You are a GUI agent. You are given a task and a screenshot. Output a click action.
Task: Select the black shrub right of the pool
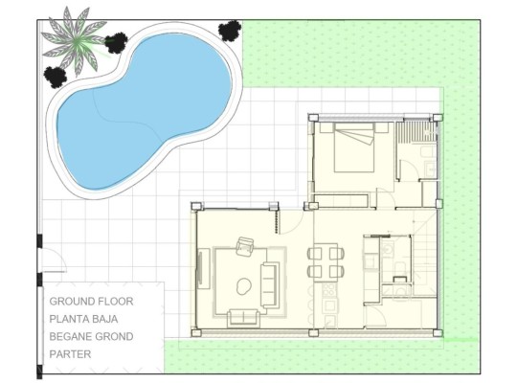click(x=229, y=31)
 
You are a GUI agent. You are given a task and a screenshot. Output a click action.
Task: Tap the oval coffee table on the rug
click(x=241, y=284)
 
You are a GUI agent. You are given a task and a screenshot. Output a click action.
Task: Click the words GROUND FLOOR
click(x=91, y=301)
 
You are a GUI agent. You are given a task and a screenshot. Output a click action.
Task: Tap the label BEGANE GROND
click(x=91, y=336)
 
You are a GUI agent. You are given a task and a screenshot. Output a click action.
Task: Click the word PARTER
click(x=70, y=354)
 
